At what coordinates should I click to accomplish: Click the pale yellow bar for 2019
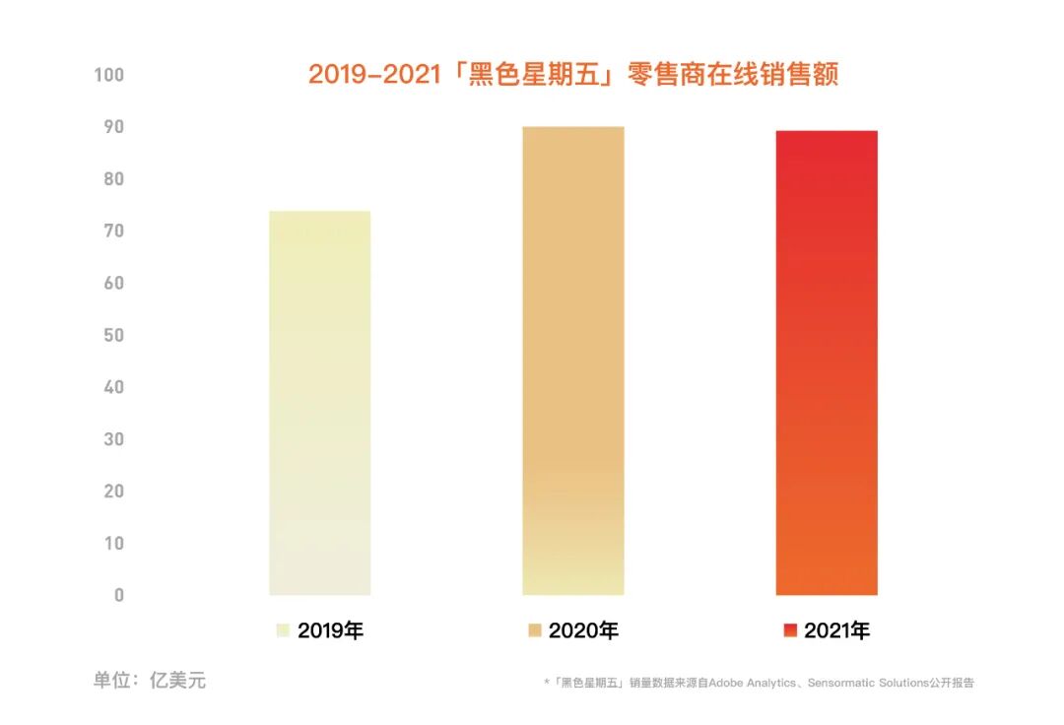click(x=319, y=403)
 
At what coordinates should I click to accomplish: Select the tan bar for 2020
click(x=572, y=361)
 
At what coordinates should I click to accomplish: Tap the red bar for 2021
click(x=826, y=362)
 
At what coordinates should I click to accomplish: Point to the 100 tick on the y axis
click(x=108, y=75)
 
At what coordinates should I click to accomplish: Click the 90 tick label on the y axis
click(x=113, y=127)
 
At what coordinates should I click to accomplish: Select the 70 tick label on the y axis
click(x=113, y=231)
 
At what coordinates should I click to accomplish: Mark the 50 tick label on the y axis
click(x=113, y=335)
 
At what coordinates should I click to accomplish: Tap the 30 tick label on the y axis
click(x=113, y=439)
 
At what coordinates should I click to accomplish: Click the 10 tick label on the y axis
click(x=113, y=544)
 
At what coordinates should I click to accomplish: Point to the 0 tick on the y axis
click(x=119, y=595)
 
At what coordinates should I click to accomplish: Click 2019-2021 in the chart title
click(x=374, y=75)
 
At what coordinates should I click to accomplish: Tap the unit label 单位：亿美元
click(x=150, y=681)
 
